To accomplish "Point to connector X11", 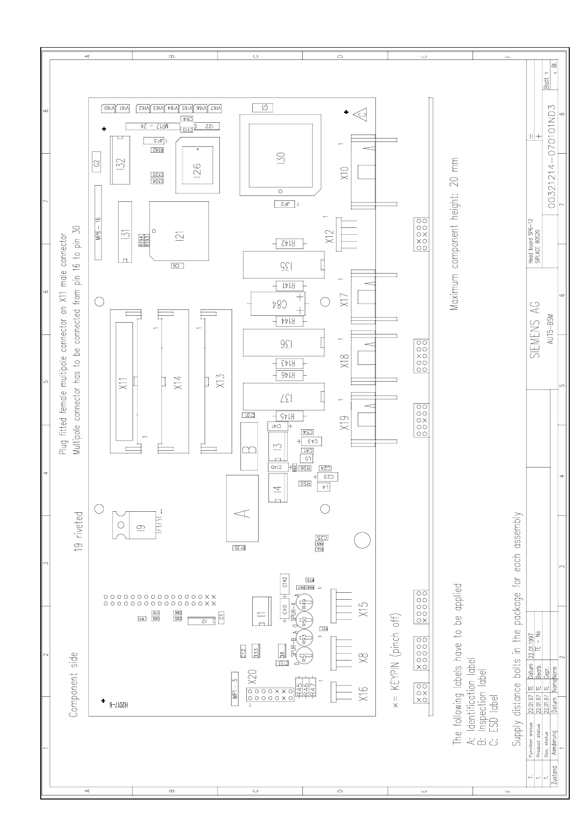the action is [123, 381].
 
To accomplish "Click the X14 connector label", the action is [178, 382].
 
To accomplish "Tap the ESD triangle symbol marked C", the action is [362, 115].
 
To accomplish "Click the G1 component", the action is [263, 108].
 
